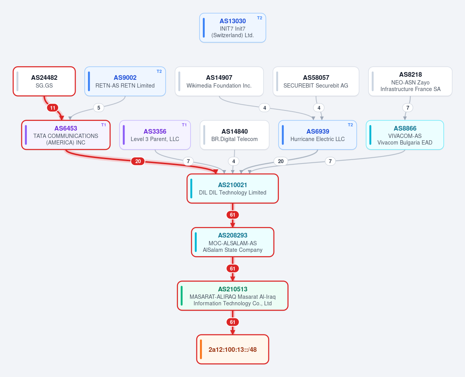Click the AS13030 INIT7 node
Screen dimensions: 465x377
tap(233, 28)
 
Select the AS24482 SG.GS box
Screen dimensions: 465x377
tap(44, 81)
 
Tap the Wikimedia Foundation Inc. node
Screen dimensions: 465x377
tap(219, 81)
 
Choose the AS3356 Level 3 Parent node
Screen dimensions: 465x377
tap(155, 135)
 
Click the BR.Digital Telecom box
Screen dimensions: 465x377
tap(235, 135)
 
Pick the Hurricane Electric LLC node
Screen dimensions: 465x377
tap(318, 135)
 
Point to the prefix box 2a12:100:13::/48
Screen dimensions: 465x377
tap(233, 349)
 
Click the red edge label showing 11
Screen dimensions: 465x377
tap(52, 108)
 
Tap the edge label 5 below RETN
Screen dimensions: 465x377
tap(99, 108)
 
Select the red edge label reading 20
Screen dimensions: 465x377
tap(138, 161)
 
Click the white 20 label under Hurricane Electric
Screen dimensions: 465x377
tap(281, 161)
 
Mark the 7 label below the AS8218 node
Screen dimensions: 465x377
tap(408, 108)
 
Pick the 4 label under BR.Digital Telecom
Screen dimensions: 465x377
tap(234, 161)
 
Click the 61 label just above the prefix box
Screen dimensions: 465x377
tap(233, 322)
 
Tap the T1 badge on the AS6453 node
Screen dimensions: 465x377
tap(104, 125)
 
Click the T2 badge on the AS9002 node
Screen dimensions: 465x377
tap(159, 71)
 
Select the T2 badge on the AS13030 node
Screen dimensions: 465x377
tap(259, 18)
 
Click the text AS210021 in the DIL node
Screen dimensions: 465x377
tap(233, 185)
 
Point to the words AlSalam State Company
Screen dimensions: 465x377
tap(233, 250)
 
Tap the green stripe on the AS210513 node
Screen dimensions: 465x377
tap(182, 296)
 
